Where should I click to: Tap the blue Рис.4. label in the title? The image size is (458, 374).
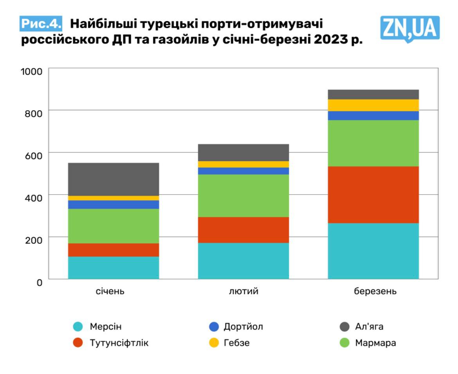41,23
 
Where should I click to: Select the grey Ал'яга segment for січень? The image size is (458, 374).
114,179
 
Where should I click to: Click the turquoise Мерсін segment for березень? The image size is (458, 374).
373,251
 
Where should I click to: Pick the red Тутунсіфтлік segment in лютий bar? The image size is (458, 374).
243,230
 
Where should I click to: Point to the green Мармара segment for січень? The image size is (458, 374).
114,226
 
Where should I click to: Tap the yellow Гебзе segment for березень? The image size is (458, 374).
373,105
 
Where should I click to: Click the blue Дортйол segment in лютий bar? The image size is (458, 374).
243,171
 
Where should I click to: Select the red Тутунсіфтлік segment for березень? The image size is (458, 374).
373,195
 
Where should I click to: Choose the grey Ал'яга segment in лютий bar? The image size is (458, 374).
243,152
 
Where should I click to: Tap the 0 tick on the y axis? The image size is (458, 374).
39,282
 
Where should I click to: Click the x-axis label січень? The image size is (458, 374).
110,292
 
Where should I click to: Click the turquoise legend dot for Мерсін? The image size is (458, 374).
78,327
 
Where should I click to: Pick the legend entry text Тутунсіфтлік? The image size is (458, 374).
119,343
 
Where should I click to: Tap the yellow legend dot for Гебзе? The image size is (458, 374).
214,343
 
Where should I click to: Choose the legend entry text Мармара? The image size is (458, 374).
375,343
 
